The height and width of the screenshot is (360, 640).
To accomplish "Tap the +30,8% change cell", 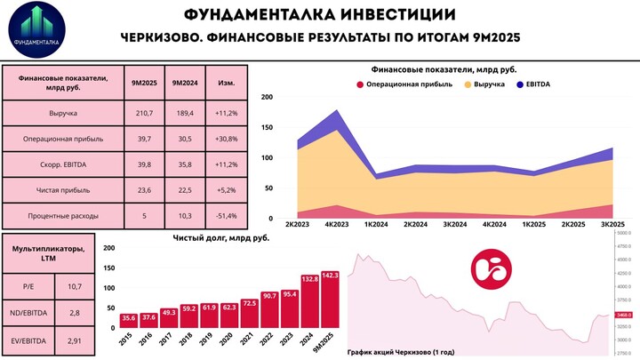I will [226, 140].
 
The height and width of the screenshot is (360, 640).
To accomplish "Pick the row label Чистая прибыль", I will [64, 190].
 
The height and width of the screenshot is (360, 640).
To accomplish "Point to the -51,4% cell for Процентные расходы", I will [226, 216].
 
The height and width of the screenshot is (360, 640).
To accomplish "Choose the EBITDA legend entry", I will [533, 84].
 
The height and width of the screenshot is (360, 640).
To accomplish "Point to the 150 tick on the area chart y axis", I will [268, 127].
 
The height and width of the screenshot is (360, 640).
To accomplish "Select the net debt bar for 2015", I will [129, 322].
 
